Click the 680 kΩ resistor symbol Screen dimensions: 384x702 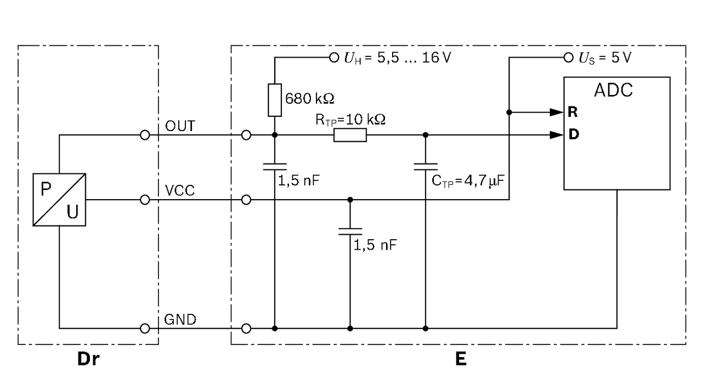275,100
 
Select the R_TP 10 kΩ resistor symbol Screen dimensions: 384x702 350,135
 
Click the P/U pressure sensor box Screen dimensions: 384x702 59,199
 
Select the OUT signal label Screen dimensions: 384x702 180,127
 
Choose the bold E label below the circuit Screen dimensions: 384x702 460,360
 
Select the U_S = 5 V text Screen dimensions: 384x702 608,58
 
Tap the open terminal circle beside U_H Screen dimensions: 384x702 334,57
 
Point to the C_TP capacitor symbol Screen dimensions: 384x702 426,165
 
